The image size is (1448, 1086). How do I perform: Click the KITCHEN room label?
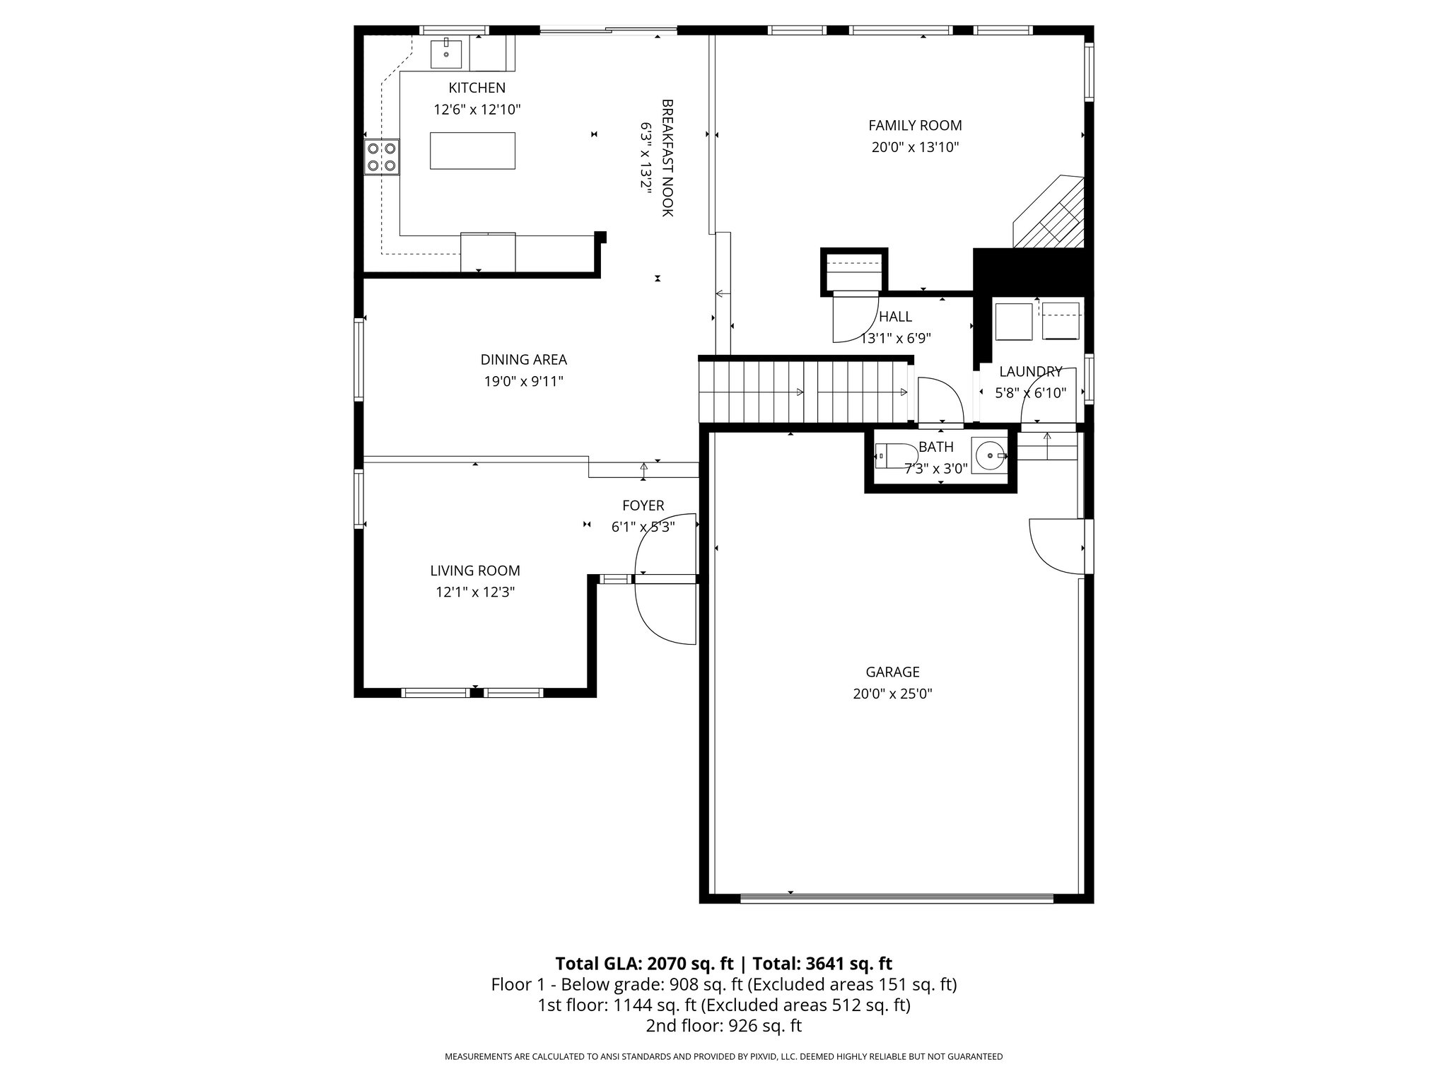[x=477, y=88]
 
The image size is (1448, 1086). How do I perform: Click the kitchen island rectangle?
[x=472, y=151]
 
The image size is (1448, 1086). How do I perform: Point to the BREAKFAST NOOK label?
[x=667, y=158]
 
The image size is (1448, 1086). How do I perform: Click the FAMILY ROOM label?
[x=915, y=125]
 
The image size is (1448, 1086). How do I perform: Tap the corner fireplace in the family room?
[x=1050, y=212]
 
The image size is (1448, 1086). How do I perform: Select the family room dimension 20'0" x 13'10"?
[x=915, y=147]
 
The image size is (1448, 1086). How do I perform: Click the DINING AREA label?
[x=524, y=359]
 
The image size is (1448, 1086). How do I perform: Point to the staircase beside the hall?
[x=805, y=392]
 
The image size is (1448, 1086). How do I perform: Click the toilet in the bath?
[x=887, y=455]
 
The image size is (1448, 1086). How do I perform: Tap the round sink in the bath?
[x=988, y=455]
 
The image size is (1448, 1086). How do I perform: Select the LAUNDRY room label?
[x=1030, y=371]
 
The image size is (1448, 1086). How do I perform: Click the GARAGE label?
[x=892, y=672]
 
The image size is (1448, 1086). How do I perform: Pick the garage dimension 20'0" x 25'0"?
[x=892, y=694]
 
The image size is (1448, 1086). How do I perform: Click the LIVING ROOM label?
[x=475, y=571]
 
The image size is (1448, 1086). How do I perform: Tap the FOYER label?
[x=643, y=506]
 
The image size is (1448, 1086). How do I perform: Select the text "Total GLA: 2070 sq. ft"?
[x=645, y=964]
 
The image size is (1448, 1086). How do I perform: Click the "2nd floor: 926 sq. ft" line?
[x=724, y=1026]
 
